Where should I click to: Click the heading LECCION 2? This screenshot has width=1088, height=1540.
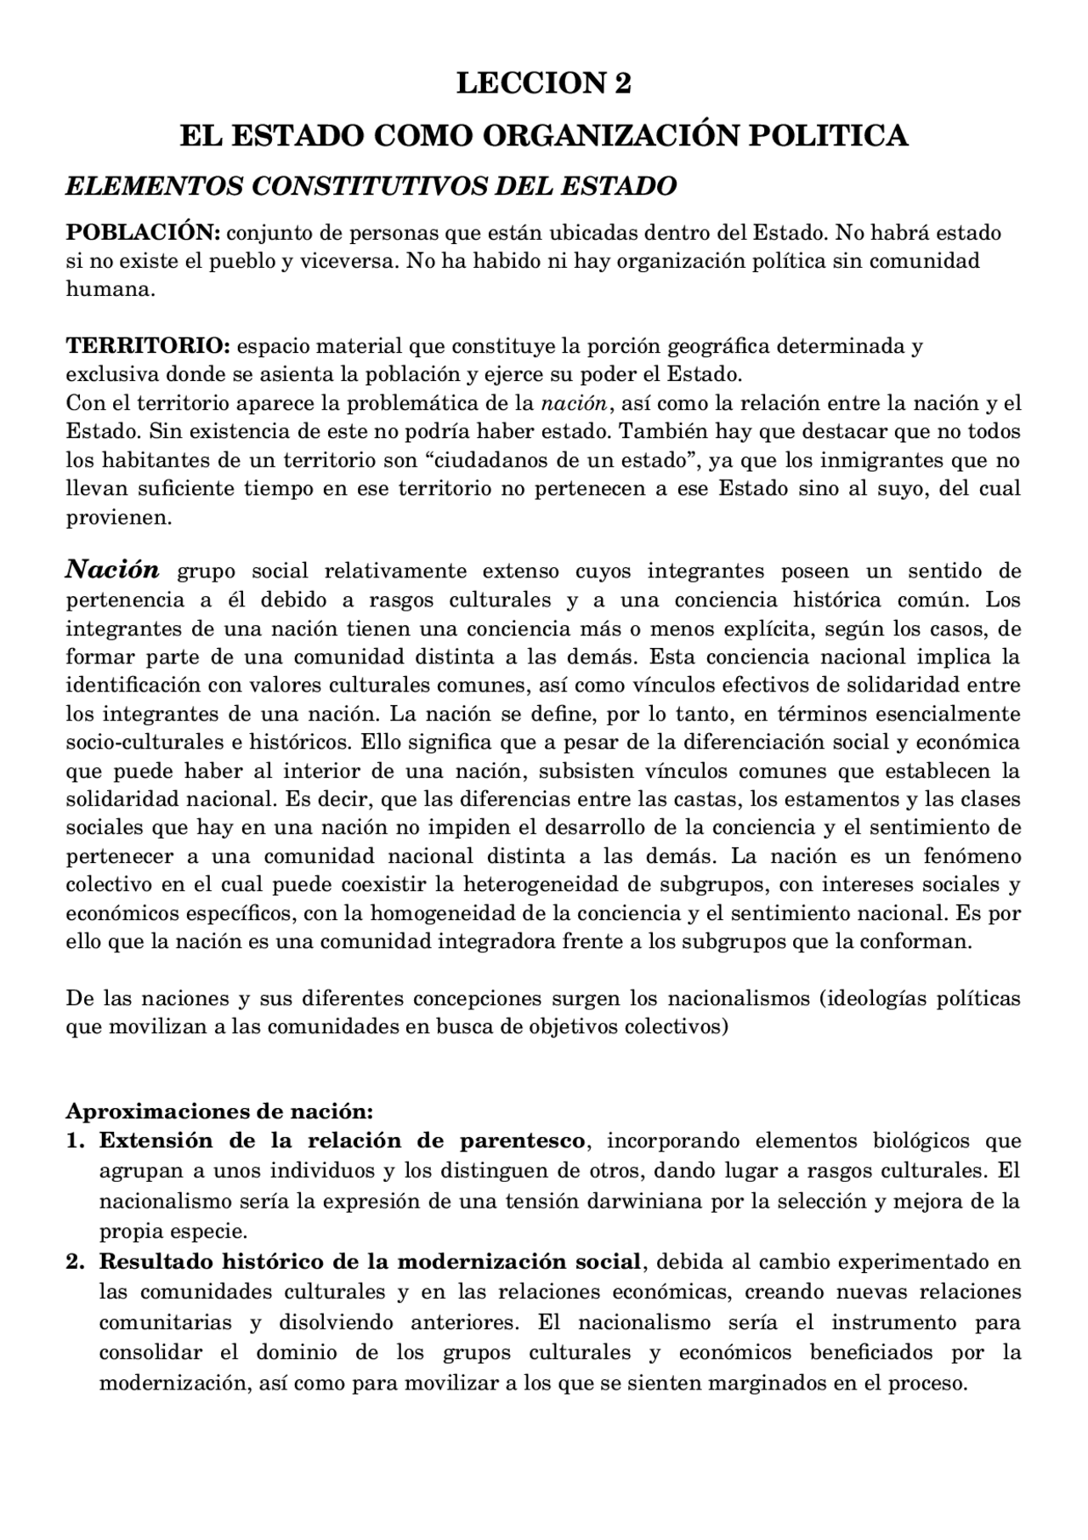(x=544, y=83)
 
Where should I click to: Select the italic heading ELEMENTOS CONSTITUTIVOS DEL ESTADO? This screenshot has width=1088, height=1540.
(x=371, y=185)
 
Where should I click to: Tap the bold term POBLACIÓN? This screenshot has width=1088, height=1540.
(x=144, y=232)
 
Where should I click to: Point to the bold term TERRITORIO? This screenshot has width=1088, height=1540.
(x=148, y=346)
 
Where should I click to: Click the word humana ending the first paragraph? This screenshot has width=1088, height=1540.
(x=110, y=289)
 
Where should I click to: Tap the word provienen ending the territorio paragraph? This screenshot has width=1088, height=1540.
(x=119, y=517)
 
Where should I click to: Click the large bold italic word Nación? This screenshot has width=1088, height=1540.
(x=112, y=569)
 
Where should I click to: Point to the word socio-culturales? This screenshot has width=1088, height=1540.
(x=145, y=742)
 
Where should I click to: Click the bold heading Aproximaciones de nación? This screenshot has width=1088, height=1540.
(x=219, y=1111)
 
